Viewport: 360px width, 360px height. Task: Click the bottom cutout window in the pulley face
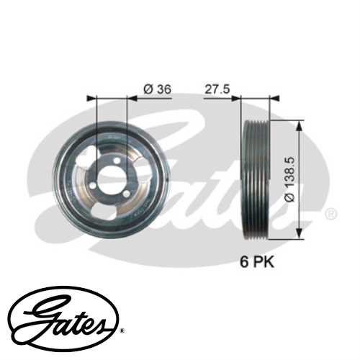[x=112, y=212]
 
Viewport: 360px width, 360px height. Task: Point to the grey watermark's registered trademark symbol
[x=330, y=214]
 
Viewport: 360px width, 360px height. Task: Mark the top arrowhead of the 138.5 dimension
[x=298, y=120]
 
